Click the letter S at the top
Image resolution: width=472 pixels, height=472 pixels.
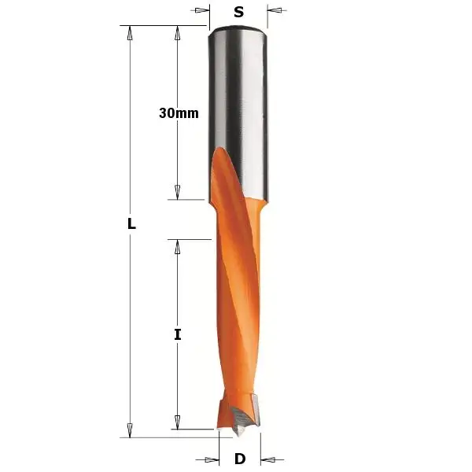coord(238,12)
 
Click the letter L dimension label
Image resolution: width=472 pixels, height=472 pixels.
coord(131,224)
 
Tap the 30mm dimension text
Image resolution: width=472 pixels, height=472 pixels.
coord(179,113)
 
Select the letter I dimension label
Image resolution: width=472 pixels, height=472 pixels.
coord(178,334)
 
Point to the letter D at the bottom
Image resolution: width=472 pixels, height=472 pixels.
coord(240,459)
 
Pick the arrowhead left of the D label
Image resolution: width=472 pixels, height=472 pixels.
coord(213,459)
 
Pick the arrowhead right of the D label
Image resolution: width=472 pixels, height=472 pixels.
coord(267,459)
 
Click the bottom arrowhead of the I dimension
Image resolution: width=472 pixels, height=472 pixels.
coord(178,423)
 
